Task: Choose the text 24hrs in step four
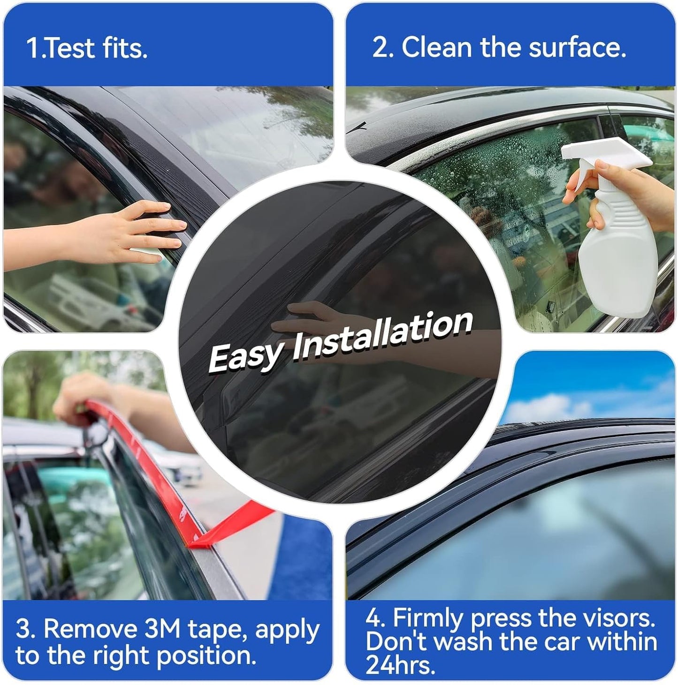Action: point(400,665)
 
